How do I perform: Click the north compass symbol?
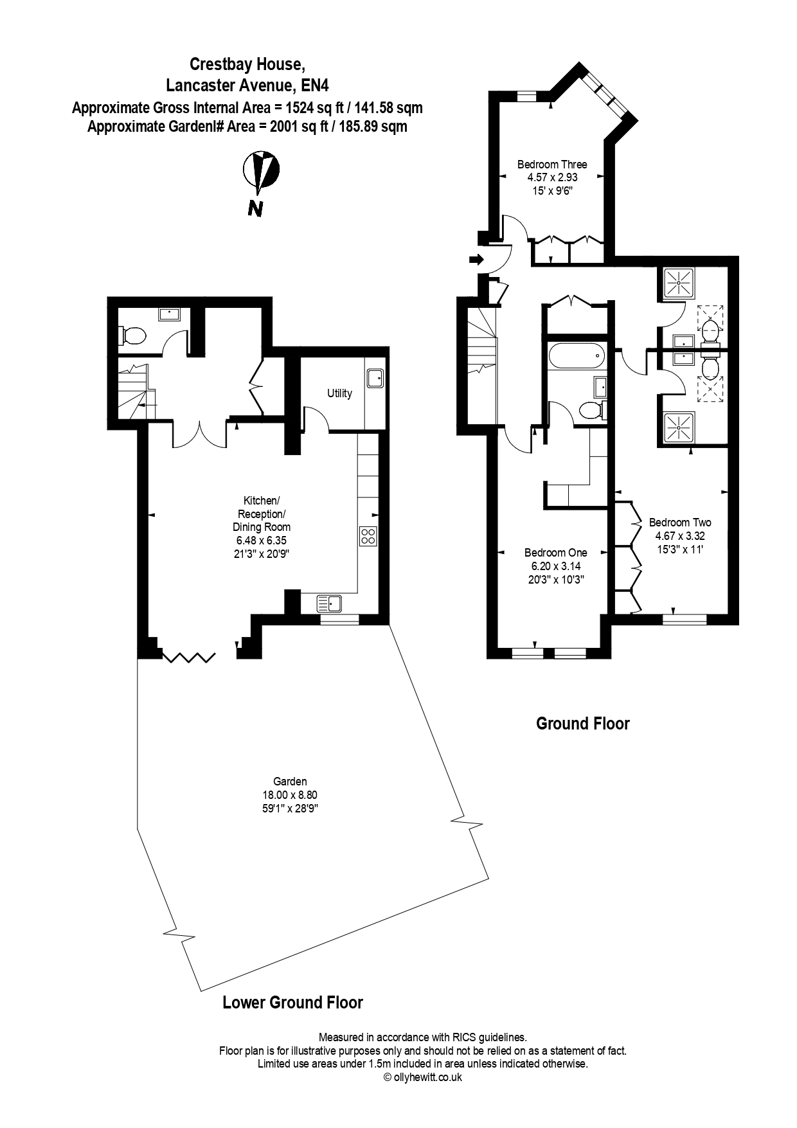tap(260, 172)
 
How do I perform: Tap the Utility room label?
tap(339, 393)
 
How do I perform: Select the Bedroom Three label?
tap(552, 164)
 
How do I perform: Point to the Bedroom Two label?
tap(680, 523)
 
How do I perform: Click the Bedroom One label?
tap(556, 553)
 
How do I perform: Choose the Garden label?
tap(290, 782)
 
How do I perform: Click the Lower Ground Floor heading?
tap(292, 1002)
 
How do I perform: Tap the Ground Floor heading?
tap(583, 724)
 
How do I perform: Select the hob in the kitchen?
tap(368, 536)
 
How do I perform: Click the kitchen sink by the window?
tap(330, 604)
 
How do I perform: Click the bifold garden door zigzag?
tap(189, 657)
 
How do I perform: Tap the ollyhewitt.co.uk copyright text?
tap(422, 1077)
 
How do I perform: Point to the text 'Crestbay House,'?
tap(246, 64)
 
